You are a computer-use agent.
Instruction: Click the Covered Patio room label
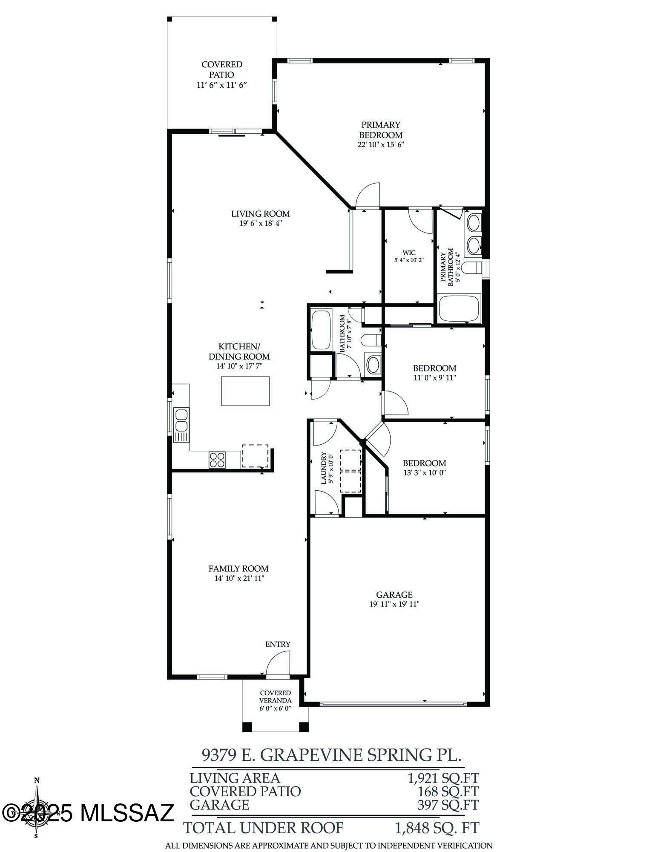(x=222, y=69)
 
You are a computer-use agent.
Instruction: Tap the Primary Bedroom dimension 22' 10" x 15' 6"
(x=380, y=145)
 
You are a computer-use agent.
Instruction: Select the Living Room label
(x=260, y=214)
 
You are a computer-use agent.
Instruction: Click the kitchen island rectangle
(x=245, y=391)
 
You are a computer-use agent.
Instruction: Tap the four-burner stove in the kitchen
(x=217, y=459)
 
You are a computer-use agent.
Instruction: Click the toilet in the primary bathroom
(x=471, y=268)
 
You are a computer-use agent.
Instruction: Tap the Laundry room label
(x=323, y=468)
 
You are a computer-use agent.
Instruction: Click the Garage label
(x=394, y=595)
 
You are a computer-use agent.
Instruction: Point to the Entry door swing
(x=277, y=665)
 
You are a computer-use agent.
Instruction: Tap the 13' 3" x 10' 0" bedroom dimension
(x=425, y=472)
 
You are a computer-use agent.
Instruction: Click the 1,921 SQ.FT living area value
(x=443, y=778)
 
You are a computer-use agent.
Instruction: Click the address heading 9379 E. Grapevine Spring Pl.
(x=331, y=755)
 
